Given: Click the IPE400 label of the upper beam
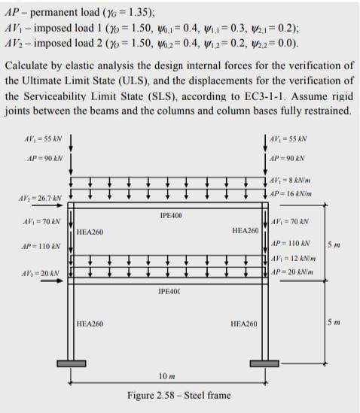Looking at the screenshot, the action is pyautogui.click(x=171, y=215).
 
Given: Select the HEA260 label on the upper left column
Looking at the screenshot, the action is pyautogui.click(x=90, y=232).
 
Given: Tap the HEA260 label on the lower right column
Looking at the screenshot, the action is pyautogui.click(x=244, y=323).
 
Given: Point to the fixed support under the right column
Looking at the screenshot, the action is pyautogui.click(x=264, y=364).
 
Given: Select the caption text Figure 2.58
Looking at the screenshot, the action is pyautogui.click(x=178, y=395).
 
